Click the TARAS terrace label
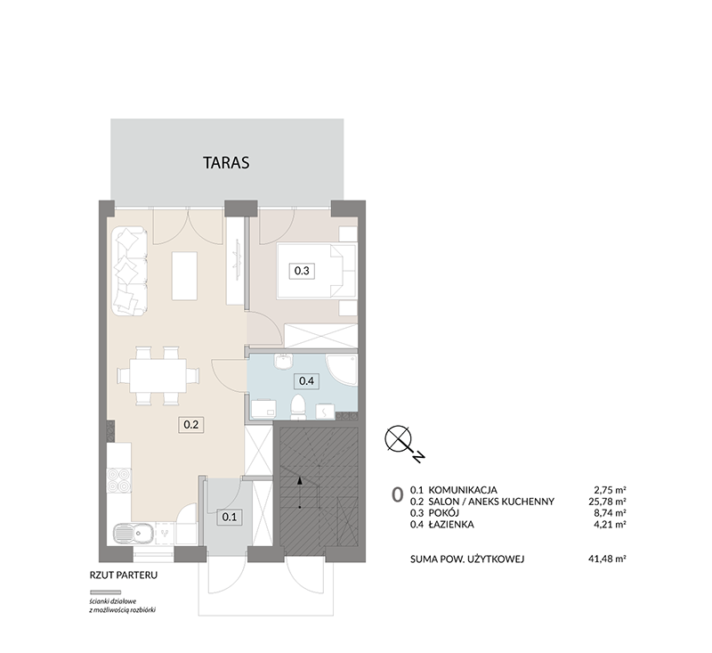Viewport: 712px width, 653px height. (x=226, y=163)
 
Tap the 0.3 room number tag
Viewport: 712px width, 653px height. (x=302, y=271)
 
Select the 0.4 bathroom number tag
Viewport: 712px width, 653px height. (x=306, y=380)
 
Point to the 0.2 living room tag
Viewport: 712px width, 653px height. (x=190, y=425)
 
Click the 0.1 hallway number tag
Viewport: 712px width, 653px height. (x=230, y=517)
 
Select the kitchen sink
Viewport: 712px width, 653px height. (x=133, y=534)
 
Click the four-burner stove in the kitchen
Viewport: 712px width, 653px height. (x=119, y=481)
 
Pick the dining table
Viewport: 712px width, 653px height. (x=158, y=376)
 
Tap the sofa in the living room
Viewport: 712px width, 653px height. (x=130, y=273)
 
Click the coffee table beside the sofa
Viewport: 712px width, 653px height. (x=184, y=276)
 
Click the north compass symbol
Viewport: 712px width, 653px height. (x=399, y=439)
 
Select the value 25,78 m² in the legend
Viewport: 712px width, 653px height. (x=607, y=502)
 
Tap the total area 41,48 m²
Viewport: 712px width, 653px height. (x=607, y=559)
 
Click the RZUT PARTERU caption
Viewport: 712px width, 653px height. (x=124, y=575)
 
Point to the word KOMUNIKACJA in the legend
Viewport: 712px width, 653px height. (x=463, y=490)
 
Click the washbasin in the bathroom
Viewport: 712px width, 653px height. (x=283, y=363)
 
